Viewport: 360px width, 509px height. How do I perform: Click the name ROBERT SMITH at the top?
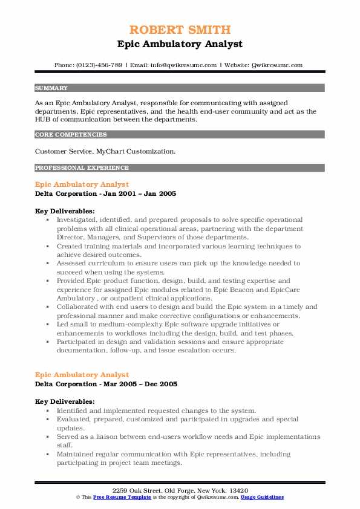(x=180, y=30)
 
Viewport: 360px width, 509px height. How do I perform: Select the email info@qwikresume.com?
(x=180, y=65)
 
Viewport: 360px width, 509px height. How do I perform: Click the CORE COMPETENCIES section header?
(x=71, y=135)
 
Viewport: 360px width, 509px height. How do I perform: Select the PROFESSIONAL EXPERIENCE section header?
(x=82, y=167)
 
